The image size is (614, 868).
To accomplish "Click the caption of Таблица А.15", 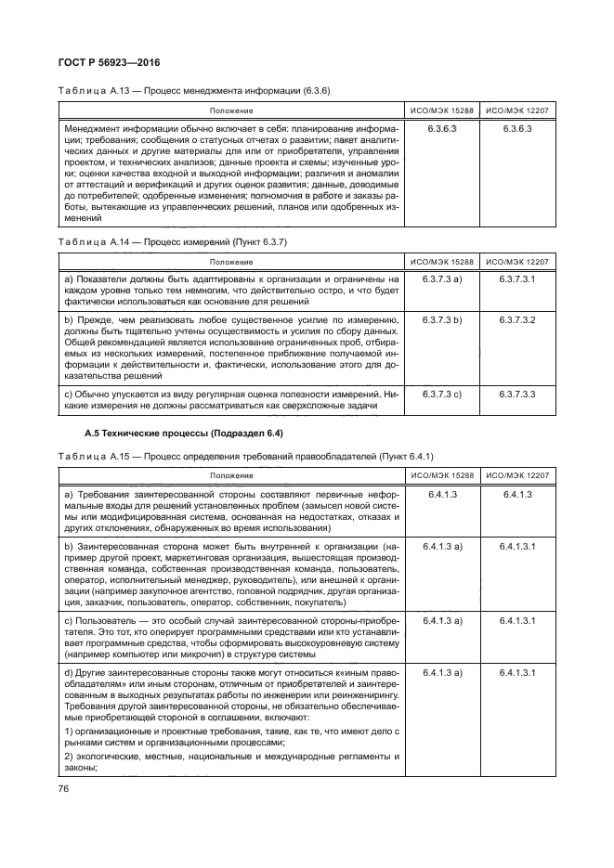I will (238, 456).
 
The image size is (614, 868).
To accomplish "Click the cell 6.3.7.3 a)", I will (442, 279).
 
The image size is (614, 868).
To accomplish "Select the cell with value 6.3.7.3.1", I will (517, 279).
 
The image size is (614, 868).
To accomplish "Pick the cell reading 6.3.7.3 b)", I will (442, 319).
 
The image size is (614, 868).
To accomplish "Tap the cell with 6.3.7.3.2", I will (517, 319).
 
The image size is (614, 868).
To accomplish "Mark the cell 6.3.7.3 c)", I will (442, 395).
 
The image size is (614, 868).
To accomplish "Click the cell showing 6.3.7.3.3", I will (517, 395).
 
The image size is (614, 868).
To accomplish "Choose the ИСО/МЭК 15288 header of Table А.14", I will (442, 262).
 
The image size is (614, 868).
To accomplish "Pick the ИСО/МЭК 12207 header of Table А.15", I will (517, 475).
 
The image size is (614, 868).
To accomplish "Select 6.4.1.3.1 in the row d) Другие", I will (517, 671).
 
